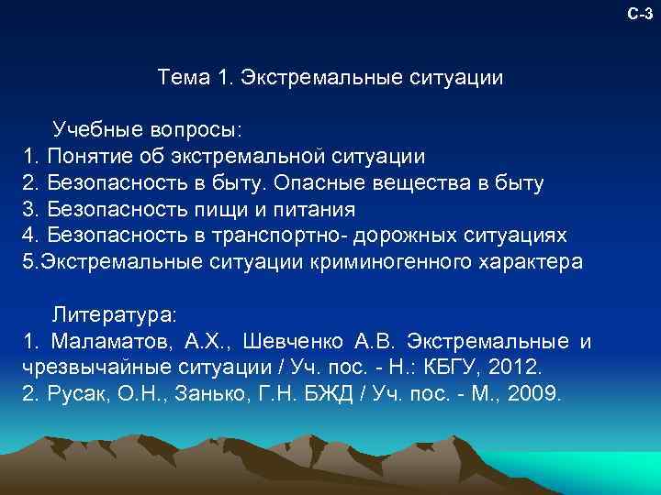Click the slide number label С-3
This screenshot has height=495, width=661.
pyautogui.click(x=640, y=14)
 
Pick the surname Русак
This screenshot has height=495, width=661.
pyautogui.click(x=77, y=395)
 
